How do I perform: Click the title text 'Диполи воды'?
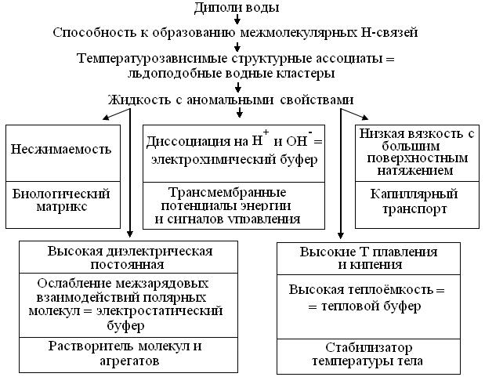(x=237, y=8)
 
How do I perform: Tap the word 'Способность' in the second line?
(x=92, y=33)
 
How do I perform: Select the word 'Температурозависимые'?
(x=143, y=58)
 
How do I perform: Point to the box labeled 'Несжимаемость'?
(x=61, y=149)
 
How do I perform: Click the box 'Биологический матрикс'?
(x=61, y=200)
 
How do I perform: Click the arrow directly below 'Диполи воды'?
(x=237, y=20)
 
